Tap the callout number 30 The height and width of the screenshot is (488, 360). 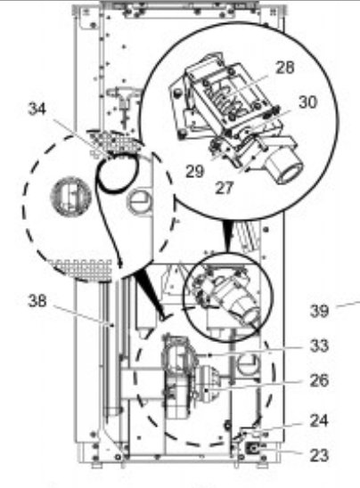tap(307, 102)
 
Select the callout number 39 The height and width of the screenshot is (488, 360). tap(319, 310)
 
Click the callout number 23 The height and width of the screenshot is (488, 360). tap(319, 454)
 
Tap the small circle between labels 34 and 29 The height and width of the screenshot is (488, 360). tap(140, 201)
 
